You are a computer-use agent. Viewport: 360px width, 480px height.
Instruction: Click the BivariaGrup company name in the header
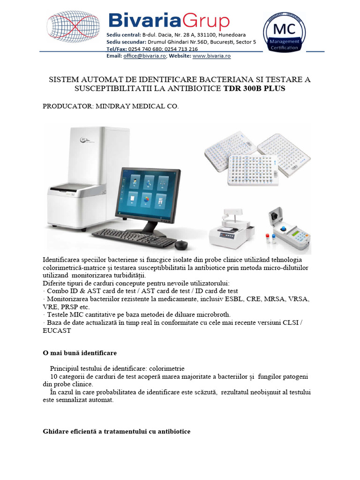click(169, 21)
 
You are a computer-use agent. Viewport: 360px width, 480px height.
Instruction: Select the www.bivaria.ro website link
click(211, 56)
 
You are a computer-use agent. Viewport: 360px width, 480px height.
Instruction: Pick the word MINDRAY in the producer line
click(113, 107)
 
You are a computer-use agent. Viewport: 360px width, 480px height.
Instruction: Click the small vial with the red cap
click(268, 239)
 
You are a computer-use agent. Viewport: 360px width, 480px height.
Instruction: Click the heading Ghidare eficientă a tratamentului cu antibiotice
click(116, 431)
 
